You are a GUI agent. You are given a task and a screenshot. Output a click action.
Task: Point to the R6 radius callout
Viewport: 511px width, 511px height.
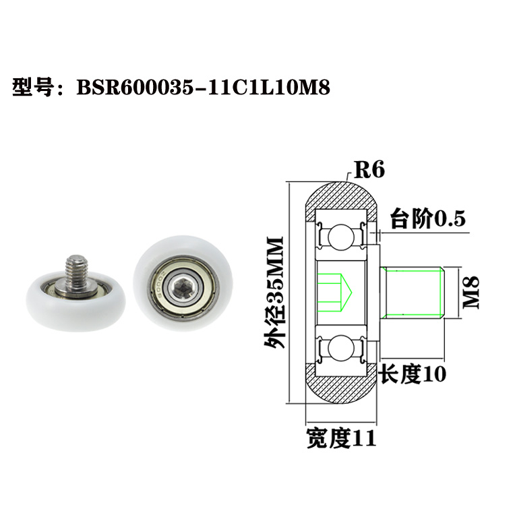[369, 170]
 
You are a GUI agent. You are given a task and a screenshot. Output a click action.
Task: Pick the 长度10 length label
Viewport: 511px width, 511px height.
[413, 373]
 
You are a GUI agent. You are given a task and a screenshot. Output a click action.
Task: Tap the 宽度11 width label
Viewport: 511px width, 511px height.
[340, 438]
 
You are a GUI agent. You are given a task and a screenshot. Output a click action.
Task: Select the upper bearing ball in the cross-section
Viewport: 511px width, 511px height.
[339, 237]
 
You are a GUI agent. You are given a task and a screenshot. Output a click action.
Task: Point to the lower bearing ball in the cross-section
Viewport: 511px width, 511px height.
[339, 350]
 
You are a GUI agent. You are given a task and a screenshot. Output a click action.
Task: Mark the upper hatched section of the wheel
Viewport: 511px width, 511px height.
[340, 193]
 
